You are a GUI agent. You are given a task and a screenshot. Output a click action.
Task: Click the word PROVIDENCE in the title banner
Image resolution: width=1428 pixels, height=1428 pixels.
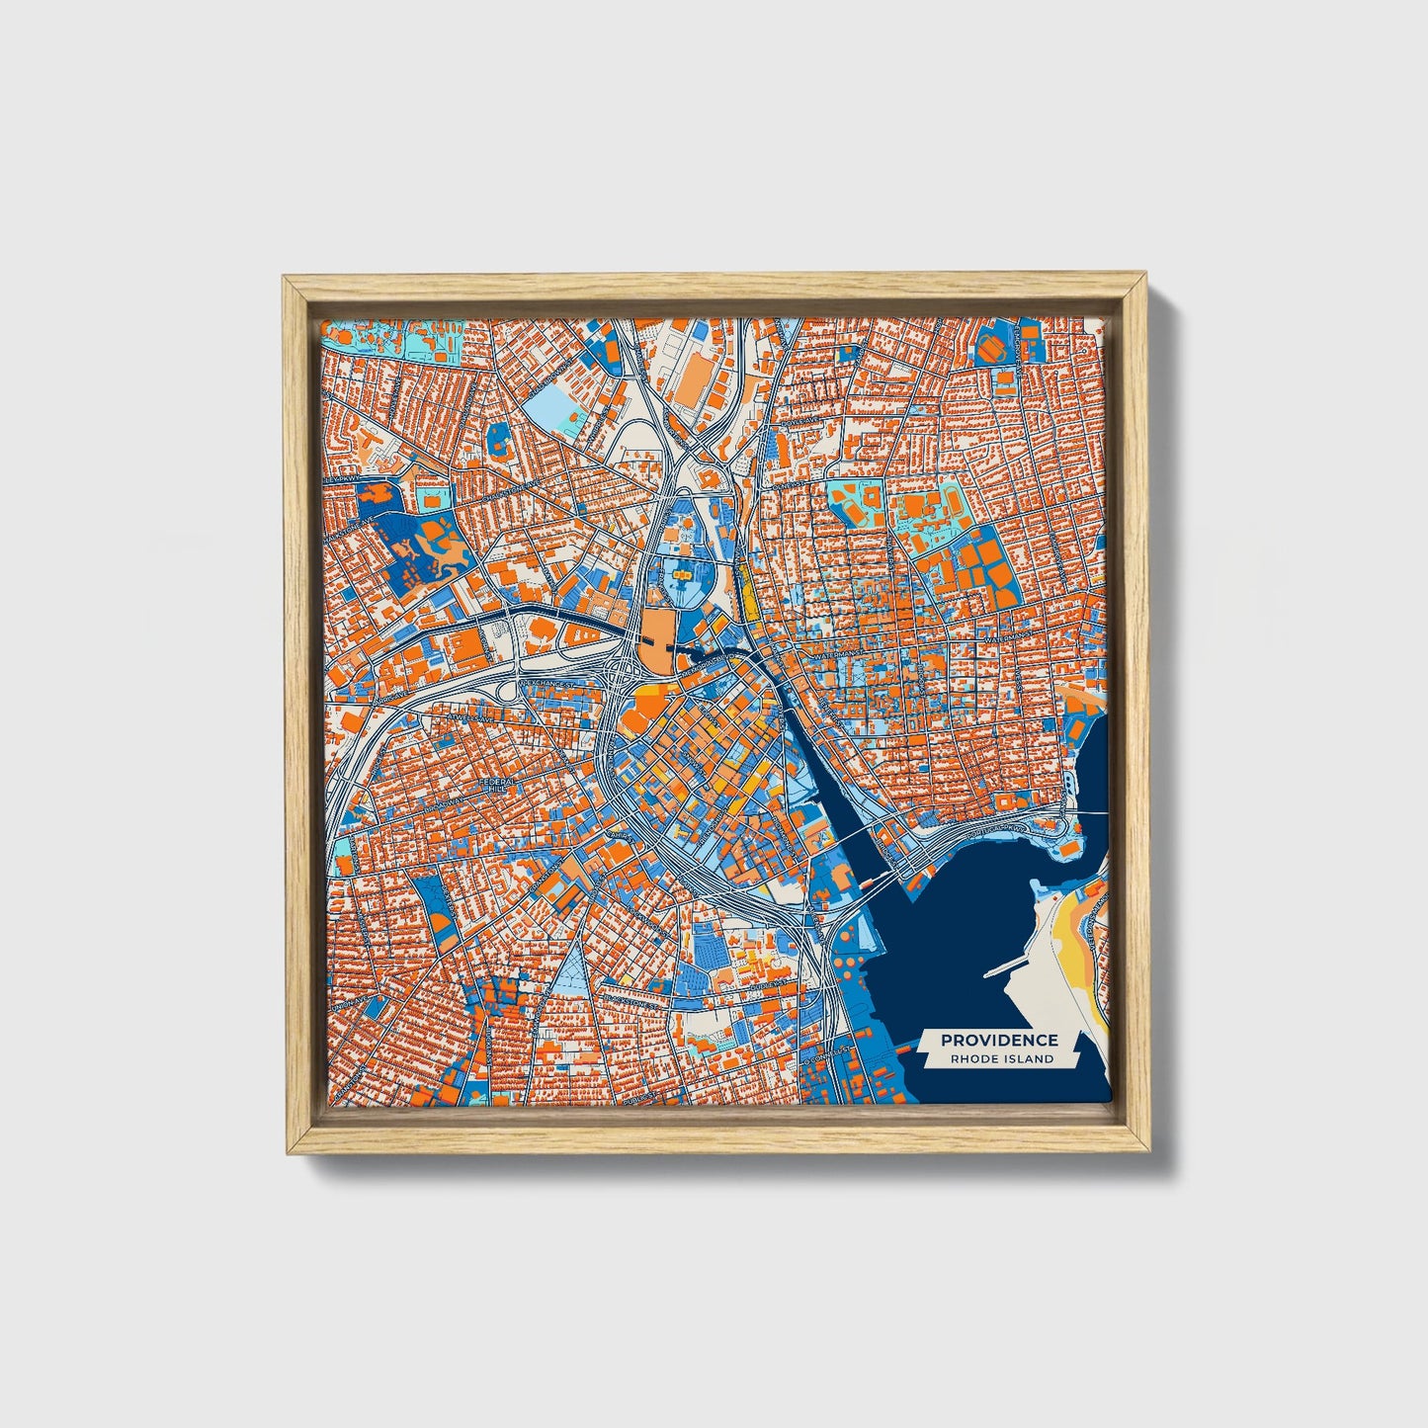coord(999,1040)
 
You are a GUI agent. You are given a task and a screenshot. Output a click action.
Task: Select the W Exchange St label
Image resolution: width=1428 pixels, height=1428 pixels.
coord(542,683)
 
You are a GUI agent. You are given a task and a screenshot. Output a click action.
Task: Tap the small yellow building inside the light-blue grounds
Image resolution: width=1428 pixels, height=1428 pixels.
coord(681,570)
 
